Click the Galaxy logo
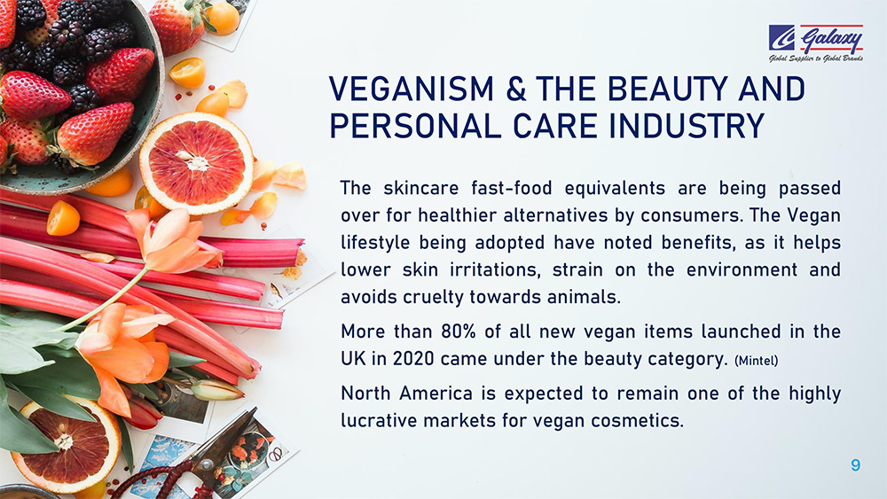coord(816,43)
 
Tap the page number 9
coord(855,465)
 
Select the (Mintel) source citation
coord(756,361)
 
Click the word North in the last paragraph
coord(365,393)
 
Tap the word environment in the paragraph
coord(742,269)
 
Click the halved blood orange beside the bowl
coord(196,163)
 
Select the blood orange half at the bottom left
coord(65,444)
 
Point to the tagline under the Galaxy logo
coord(816,58)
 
